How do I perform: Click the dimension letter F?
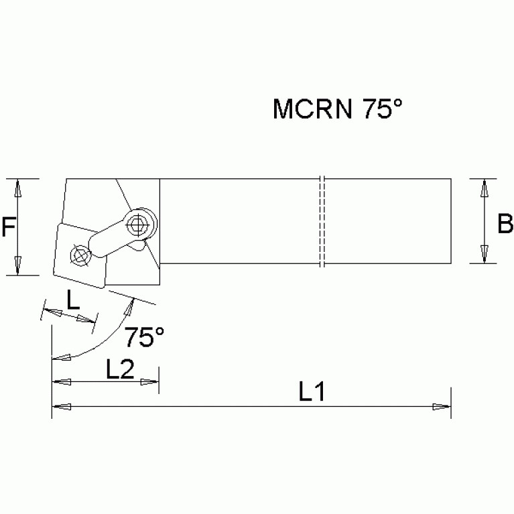9,228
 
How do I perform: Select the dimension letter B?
505,224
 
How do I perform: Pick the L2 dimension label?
121,369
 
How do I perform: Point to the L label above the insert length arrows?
73,300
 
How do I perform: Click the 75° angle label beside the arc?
144,337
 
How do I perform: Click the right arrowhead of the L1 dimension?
442,406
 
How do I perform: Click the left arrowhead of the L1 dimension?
61,406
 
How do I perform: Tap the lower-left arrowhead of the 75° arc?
62,359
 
